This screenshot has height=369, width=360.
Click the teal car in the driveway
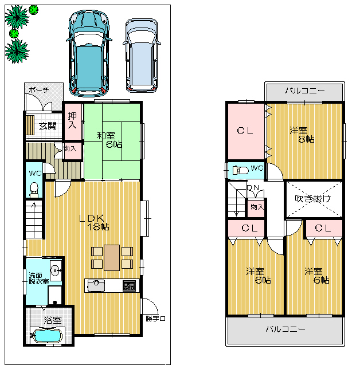click(x=89, y=54)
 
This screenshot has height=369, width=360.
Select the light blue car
click(x=142, y=56)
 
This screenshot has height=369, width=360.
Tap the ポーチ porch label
click(x=39, y=89)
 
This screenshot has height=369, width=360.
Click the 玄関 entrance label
click(x=48, y=126)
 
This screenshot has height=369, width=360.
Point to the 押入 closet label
click(x=72, y=120)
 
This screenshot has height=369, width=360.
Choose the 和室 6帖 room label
click(x=109, y=140)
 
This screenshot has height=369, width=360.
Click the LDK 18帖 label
click(x=94, y=222)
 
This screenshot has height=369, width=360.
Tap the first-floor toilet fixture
click(x=34, y=190)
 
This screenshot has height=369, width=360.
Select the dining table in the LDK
click(x=112, y=258)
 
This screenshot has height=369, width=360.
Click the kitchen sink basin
click(x=96, y=286)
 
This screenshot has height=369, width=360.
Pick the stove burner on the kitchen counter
click(x=129, y=285)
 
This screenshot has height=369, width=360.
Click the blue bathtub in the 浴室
click(x=48, y=335)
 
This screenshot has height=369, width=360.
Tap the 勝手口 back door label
click(x=155, y=319)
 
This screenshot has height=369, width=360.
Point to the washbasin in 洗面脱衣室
click(x=56, y=270)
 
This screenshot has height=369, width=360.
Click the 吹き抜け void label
click(x=313, y=199)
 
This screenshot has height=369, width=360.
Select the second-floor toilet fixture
click(x=240, y=170)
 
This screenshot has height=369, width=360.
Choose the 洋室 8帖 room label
click(x=302, y=135)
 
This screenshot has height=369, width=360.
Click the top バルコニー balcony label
click(x=305, y=91)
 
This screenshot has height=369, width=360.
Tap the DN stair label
click(x=253, y=188)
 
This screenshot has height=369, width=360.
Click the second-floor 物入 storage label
click(x=257, y=207)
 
